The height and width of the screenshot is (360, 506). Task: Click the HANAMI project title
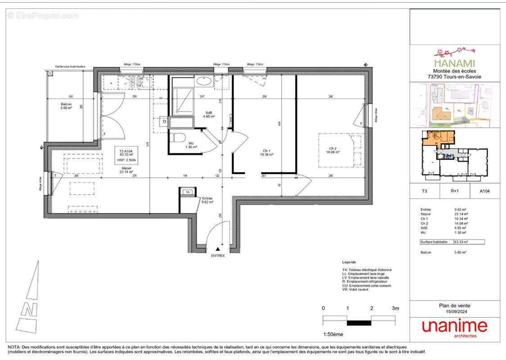point(454,63)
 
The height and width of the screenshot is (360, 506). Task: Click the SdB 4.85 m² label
point(209,114)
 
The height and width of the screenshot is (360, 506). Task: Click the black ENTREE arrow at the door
point(218,248)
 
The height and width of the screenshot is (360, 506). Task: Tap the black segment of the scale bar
point(359,323)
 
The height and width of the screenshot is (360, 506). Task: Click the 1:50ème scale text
point(333,334)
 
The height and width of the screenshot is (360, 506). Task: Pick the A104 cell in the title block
point(484,191)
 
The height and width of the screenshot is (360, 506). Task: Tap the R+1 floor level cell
point(454,191)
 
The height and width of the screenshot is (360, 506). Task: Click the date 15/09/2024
point(454,311)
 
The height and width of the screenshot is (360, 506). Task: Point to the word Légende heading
point(349,262)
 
